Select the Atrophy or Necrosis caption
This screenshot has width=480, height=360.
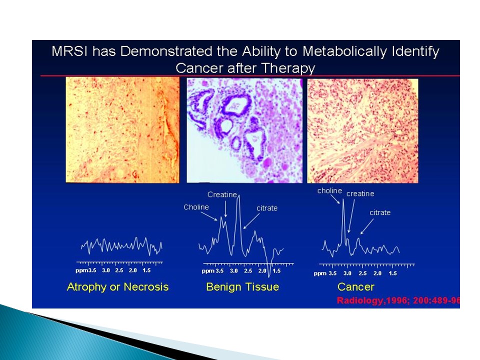(x=117, y=287)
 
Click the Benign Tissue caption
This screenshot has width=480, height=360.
(x=242, y=287)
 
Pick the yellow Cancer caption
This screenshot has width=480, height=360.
(x=355, y=287)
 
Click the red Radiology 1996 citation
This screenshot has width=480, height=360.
(x=398, y=300)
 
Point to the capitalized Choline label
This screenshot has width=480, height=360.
(x=196, y=207)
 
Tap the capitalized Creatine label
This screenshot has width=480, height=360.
(x=222, y=194)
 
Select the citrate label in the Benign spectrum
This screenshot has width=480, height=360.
(x=267, y=208)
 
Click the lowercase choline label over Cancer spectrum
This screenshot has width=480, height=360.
(x=329, y=190)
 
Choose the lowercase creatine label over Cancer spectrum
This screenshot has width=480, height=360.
(x=360, y=194)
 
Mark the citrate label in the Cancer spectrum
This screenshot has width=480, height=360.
(x=380, y=212)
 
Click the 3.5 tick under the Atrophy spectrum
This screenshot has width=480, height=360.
(x=92, y=270)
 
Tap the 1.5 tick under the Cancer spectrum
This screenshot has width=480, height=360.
(x=393, y=273)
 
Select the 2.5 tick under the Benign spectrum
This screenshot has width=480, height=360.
(x=248, y=270)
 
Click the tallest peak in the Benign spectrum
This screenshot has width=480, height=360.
(x=239, y=196)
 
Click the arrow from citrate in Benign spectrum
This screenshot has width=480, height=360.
(x=251, y=221)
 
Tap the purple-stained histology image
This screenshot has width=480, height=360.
(x=244, y=130)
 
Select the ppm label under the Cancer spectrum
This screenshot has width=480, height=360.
(x=320, y=273)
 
